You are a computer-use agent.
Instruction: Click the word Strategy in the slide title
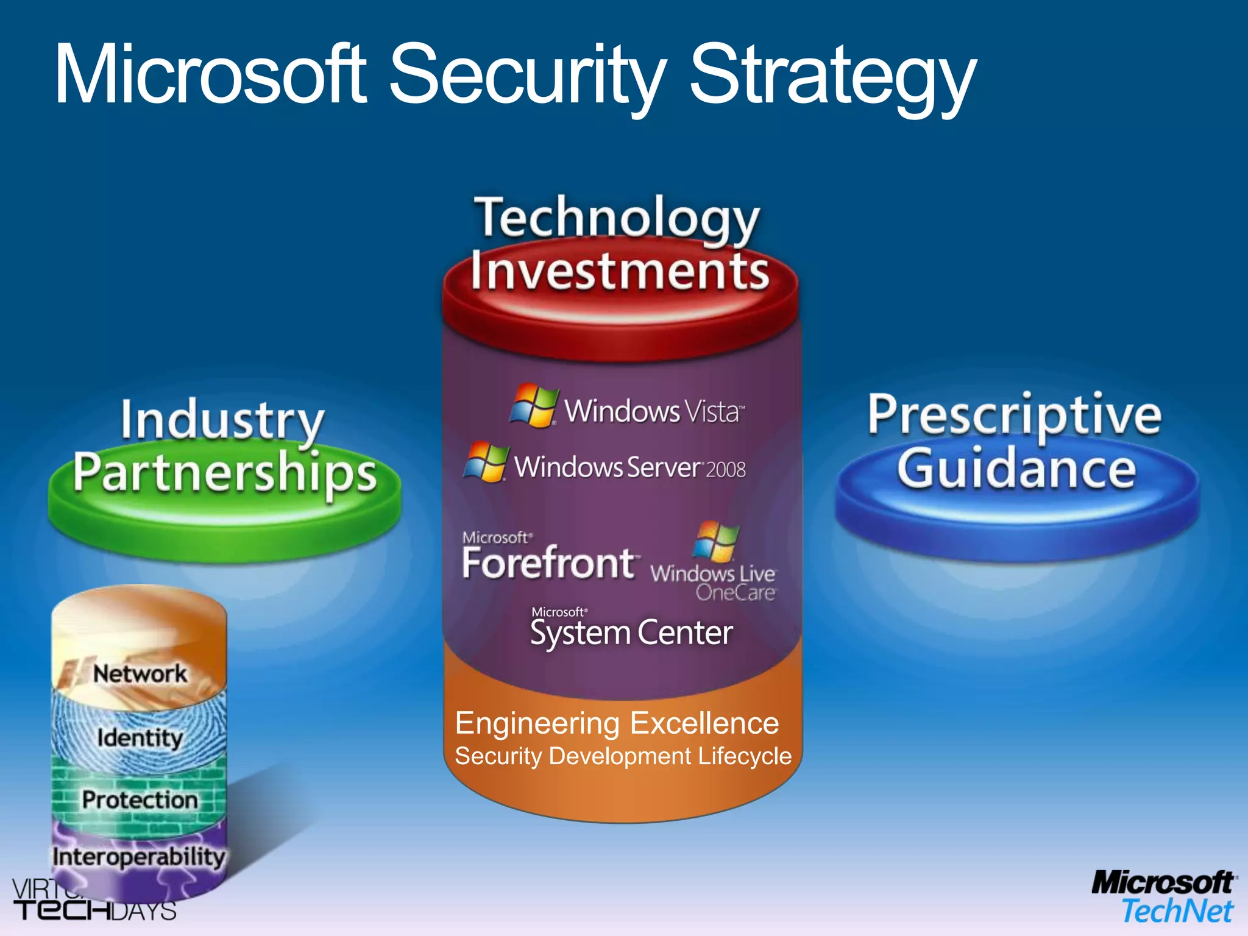point(832,76)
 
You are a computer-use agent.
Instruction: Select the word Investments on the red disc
point(619,271)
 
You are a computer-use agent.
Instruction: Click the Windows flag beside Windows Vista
point(534,405)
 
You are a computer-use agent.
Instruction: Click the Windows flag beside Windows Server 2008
point(486,462)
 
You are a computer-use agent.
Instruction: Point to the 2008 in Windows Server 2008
point(726,469)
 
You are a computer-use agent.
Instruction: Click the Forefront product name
point(548,563)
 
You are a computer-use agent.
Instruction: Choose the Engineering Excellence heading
point(617,723)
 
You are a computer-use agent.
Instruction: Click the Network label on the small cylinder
point(140,674)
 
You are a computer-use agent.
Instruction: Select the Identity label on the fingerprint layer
point(140,738)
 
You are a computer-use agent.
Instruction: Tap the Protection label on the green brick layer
point(140,799)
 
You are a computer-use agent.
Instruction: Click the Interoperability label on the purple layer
point(139,857)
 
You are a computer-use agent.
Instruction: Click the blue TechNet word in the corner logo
point(1177,912)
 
